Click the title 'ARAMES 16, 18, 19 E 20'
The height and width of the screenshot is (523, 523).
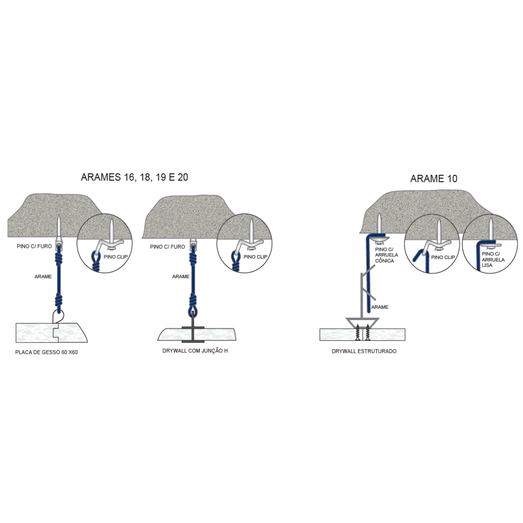(135, 177)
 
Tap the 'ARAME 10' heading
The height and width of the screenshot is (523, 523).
(433, 179)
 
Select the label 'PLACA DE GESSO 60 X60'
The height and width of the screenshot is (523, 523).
(46, 352)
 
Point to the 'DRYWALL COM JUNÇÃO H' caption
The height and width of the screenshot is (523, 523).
(195, 351)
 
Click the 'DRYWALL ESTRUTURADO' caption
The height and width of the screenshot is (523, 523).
(364, 351)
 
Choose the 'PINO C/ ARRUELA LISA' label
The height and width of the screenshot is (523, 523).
(493, 260)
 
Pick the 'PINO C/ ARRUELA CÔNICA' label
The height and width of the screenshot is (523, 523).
(386, 255)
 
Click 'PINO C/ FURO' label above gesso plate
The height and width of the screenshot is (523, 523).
(34, 246)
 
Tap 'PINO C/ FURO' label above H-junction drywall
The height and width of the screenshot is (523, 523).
(168, 247)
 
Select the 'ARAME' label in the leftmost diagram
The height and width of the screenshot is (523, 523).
(43, 277)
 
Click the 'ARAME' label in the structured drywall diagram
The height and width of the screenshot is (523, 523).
(380, 307)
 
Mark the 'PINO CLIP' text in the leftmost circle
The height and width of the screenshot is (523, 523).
(115, 257)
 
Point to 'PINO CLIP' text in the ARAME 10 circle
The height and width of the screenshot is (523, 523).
(443, 257)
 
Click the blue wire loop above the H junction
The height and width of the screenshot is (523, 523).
(193, 312)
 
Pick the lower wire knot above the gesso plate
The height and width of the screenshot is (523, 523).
(59, 300)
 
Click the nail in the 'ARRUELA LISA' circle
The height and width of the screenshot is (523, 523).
(491, 230)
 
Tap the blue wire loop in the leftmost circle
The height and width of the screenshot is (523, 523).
(96, 258)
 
